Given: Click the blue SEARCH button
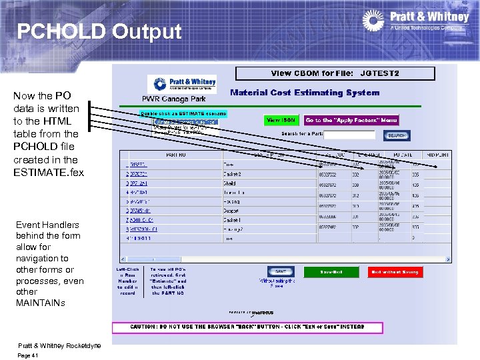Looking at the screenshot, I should [397, 135].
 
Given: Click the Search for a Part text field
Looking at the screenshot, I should [350, 135].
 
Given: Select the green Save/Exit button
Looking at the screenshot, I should [331, 272].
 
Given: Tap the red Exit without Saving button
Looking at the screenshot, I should [395, 272].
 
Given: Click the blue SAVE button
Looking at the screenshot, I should [281, 271].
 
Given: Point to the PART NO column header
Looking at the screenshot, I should [175, 154].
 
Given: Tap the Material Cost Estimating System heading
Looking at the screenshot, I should [305, 93].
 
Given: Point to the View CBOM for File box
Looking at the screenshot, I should [335, 73].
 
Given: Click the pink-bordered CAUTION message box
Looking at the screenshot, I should [247, 328].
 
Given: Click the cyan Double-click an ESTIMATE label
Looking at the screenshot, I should [183, 113].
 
